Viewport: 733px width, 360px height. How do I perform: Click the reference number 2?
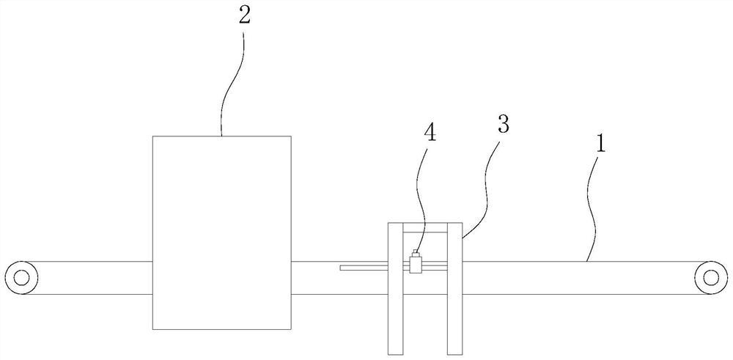tap(244, 15)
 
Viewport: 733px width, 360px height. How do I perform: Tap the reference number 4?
tap(430, 133)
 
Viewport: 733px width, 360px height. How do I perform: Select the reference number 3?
tap(504, 124)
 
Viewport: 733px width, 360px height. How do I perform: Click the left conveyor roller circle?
tap(21, 277)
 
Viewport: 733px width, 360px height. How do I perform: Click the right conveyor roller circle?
tap(710, 277)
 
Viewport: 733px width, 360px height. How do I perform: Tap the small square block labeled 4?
tap(416, 265)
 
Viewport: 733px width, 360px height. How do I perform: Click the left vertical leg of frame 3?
tap(394, 293)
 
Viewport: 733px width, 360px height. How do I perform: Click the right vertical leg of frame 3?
tap(454, 293)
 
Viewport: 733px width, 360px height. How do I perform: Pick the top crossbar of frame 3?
tap(424, 227)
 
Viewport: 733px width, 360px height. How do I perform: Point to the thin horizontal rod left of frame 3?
tap(363, 267)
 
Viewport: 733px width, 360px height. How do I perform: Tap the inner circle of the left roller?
tap(21, 277)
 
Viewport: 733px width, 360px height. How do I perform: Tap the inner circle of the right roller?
tap(710, 277)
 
